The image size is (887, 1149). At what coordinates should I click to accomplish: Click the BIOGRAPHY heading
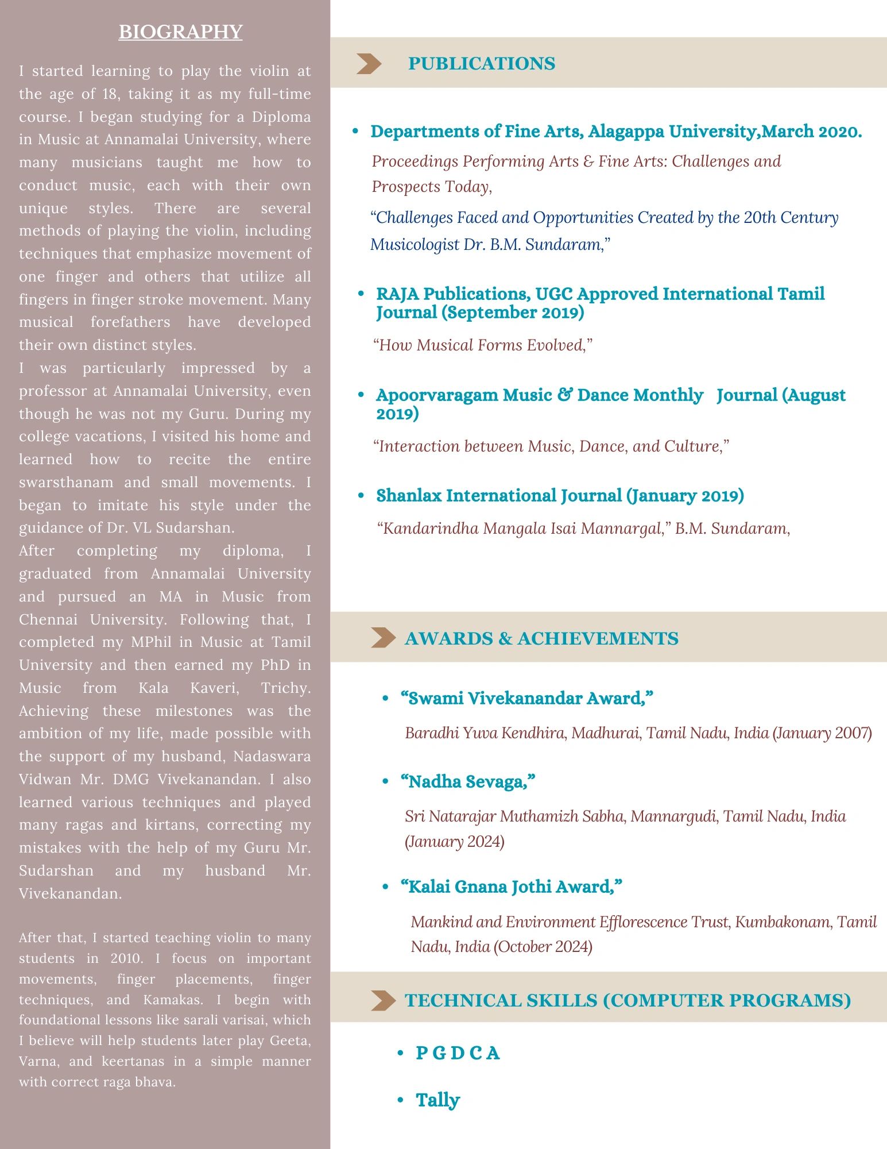point(180,32)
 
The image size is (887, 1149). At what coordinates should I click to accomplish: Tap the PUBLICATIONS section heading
point(481,63)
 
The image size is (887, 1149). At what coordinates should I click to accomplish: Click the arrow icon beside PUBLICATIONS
point(368,63)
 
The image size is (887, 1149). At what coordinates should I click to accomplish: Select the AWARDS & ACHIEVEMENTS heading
point(541,638)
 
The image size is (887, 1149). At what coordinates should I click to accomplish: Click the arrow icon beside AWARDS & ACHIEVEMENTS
point(383,638)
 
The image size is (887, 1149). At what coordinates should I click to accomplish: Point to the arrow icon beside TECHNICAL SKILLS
point(383,1000)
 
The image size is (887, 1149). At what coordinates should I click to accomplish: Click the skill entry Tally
point(437,1100)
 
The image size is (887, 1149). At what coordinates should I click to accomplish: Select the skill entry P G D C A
point(458,1053)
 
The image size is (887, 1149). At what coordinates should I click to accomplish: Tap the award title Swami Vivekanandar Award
point(526,698)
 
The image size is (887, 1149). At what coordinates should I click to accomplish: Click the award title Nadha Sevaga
point(468,781)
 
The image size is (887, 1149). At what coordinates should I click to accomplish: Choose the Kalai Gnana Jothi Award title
point(511,886)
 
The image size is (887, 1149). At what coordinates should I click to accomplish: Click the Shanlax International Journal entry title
point(560,495)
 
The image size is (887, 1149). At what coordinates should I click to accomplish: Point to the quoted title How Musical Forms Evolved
point(482,345)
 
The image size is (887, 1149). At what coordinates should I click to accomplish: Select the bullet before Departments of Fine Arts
point(355,132)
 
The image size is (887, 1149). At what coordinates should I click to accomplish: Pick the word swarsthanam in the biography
point(66,482)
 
